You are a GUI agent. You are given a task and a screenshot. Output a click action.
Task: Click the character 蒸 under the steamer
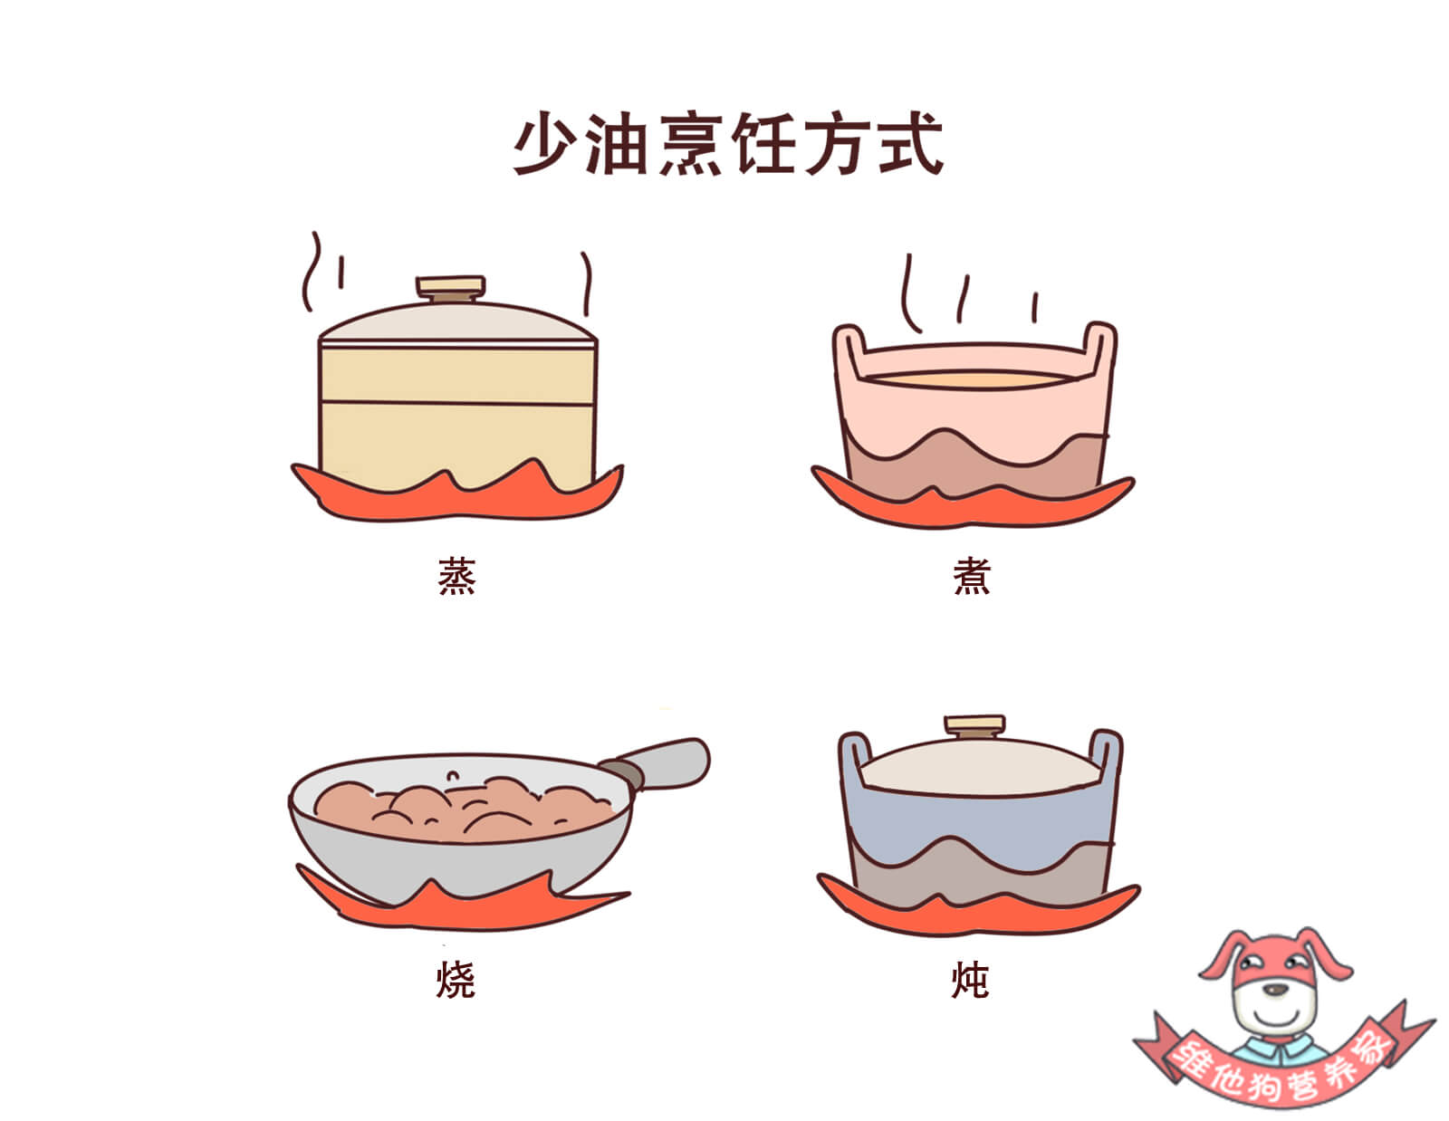coord(456,576)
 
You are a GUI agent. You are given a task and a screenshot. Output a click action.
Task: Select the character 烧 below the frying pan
coord(456,980)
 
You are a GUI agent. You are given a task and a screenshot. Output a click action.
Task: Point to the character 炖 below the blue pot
coord(970,980)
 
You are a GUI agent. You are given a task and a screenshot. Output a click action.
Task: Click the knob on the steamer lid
coord(451,289)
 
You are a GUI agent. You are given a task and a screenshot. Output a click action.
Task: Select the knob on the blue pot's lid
coord(974,726)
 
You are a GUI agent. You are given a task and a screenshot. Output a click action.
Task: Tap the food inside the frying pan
coord(465,810)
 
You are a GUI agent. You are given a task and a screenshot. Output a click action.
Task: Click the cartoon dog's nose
coord(1276,991)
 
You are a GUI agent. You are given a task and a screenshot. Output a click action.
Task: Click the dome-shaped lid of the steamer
coord(458,322)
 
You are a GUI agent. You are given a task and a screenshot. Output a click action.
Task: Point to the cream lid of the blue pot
coord(980,767)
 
